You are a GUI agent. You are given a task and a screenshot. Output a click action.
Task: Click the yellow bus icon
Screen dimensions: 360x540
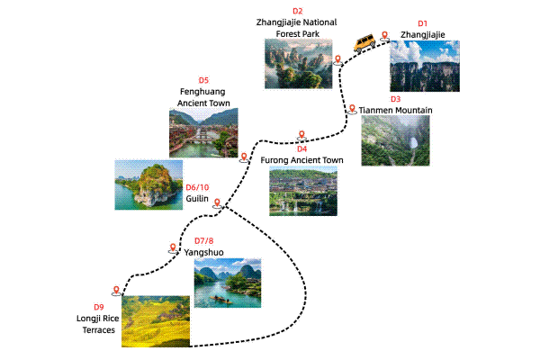[x=364, y=42]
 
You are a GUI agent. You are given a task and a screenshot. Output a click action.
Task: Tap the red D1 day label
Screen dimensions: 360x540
[x=423, y=22]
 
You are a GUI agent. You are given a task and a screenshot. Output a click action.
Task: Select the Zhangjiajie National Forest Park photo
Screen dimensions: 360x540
[x=298, y=65]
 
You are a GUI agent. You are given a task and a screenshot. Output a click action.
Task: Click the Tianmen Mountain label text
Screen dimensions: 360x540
[x=397, y=110]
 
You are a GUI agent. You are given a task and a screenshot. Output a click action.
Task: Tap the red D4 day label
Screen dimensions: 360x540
[x=302, y=148]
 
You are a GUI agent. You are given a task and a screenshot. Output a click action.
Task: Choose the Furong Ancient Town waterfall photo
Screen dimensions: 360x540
[x=303, y=191]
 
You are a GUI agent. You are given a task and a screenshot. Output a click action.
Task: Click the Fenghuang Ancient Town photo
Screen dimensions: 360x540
[x=200, y=133]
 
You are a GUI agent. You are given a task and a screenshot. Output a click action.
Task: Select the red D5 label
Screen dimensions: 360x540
[x=203, y=79]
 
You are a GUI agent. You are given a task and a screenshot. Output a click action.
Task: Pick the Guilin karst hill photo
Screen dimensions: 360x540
[x=148, y=184]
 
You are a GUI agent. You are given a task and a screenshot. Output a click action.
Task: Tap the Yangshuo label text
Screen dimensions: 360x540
[x=204, y=253]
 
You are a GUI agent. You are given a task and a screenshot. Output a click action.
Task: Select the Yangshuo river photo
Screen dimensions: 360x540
[x=228, y=281]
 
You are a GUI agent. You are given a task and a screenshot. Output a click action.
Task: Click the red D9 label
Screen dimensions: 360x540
[x=99, y=308]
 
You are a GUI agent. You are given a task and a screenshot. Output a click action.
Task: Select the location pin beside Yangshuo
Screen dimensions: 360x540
[x=173, y=247]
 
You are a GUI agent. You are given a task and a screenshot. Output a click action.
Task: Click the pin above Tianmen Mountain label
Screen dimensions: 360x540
[x=353, y=108]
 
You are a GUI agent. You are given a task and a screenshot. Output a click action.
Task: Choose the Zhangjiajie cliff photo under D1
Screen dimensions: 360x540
[x=424, y=65]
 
